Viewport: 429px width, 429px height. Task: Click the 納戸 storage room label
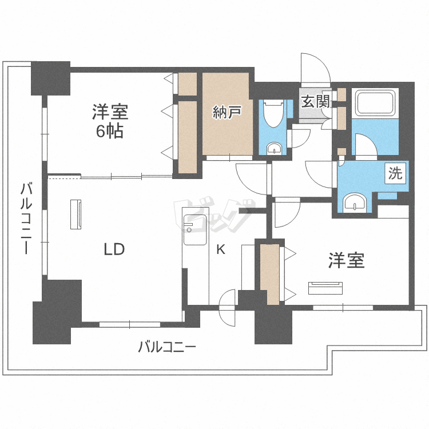[227, 112]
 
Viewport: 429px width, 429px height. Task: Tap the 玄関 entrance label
[316, 101]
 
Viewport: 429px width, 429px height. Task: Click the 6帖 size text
[110, 132]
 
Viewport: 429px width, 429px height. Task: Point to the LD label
[114, 249]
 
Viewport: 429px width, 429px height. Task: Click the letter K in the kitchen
[221, 249]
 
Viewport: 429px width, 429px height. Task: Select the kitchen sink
[194, 230]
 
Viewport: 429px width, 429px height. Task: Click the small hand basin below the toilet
[274, 148]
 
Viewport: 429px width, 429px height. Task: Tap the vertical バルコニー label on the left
[26, 219]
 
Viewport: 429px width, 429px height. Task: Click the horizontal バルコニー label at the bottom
[167, 347]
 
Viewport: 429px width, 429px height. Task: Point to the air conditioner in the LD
[76, 214]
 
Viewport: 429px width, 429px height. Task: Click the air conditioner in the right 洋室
[325, 288]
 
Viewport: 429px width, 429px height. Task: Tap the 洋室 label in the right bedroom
[347, 260]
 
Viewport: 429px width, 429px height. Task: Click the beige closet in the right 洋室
[269, 274]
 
